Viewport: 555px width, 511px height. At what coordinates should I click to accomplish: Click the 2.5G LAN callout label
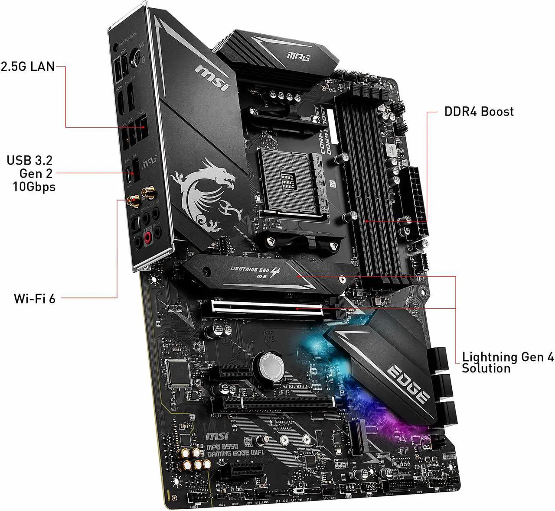coord(28,66)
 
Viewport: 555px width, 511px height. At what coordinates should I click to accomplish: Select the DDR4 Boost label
coord(479,112)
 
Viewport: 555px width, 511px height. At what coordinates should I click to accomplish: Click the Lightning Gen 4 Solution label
coord(507,363)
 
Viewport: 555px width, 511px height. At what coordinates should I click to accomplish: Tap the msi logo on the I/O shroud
coord(212,78)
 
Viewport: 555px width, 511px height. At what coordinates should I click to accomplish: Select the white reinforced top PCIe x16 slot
coord(267,307)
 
